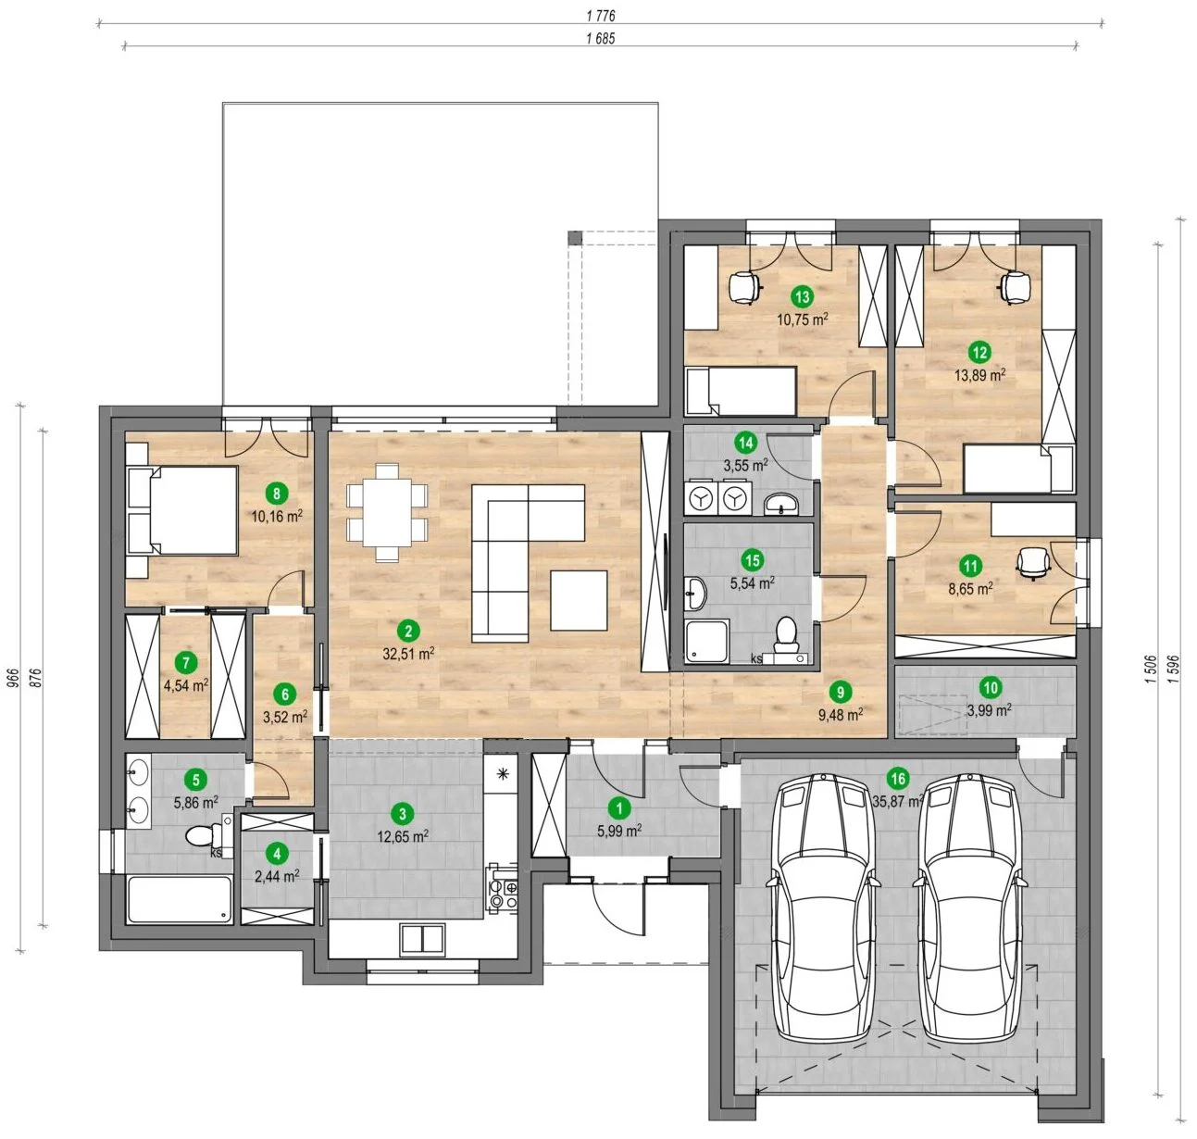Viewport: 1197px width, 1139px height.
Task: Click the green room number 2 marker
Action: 408,631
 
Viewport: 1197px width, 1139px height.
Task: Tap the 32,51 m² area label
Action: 408,654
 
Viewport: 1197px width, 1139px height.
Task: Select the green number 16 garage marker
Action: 898,778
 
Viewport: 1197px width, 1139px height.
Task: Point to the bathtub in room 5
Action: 180,899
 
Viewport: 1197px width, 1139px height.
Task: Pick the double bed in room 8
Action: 181,510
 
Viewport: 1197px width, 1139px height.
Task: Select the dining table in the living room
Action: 387,512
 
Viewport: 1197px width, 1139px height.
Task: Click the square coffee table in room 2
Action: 579,600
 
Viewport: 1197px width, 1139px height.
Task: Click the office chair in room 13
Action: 745,286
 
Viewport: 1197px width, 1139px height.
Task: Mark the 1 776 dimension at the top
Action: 600,16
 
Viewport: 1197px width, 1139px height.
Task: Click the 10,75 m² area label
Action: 803,319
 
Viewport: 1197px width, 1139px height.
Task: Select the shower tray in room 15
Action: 707,642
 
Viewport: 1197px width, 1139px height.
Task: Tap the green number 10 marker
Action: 991,688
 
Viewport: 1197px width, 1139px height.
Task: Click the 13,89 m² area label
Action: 979,375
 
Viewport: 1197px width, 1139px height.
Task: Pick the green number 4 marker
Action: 278,854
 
